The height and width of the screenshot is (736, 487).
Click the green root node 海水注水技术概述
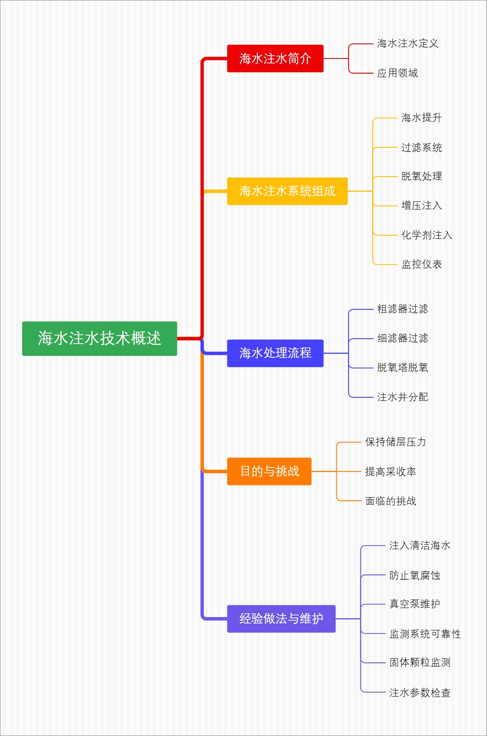pos(99,338)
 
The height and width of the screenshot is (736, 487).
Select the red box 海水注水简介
pos(275,58)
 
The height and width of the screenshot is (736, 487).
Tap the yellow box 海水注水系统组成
pos(287,191)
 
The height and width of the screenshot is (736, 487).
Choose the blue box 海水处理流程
pos(275,353)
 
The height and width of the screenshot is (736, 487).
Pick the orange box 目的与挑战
pos(269,471)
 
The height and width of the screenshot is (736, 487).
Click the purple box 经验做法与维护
pos(281,619)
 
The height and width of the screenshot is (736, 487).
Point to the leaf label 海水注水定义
pos(407,43)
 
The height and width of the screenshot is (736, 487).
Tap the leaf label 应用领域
pos(397,73)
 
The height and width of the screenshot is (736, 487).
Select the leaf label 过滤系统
pos(421,147)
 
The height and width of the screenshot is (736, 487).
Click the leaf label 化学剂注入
pos(427,235)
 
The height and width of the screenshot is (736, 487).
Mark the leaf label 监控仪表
pos(421,264)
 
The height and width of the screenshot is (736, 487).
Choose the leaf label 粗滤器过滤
pos(402,309)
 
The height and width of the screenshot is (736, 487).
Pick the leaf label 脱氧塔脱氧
pos(402,368)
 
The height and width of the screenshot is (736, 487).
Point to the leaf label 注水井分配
pos(402,397)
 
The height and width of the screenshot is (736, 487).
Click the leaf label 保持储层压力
pos(395,442)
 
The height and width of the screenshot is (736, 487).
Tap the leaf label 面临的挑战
pos(390,501)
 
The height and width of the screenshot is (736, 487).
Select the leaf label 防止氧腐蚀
pos(414,576)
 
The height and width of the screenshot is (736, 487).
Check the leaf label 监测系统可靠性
pos(425,634)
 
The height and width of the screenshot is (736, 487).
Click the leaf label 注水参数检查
pos(420,693)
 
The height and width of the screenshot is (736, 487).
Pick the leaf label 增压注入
pos(421,206)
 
